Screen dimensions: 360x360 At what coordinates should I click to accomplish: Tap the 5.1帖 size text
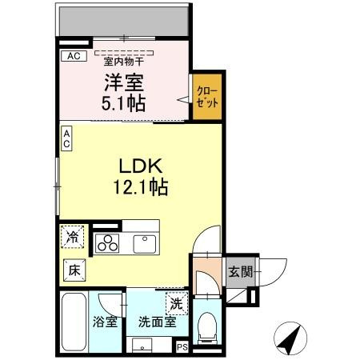(122, 102)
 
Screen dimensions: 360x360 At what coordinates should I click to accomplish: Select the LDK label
(142, 168)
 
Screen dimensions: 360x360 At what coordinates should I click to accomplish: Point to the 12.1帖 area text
(142, 189)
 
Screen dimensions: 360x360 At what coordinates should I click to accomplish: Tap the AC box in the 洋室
(73, 56)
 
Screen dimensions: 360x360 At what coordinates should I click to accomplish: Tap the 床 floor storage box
(74, 270)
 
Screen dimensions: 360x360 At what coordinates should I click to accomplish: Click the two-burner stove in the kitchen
(107, 243)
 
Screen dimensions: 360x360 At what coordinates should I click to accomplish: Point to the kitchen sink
(145, 241)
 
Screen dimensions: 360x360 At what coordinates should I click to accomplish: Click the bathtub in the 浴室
(74, 323)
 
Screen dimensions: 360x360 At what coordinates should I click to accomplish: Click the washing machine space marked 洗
(175, 304)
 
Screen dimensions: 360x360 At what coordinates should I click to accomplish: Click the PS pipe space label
(182, 346)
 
